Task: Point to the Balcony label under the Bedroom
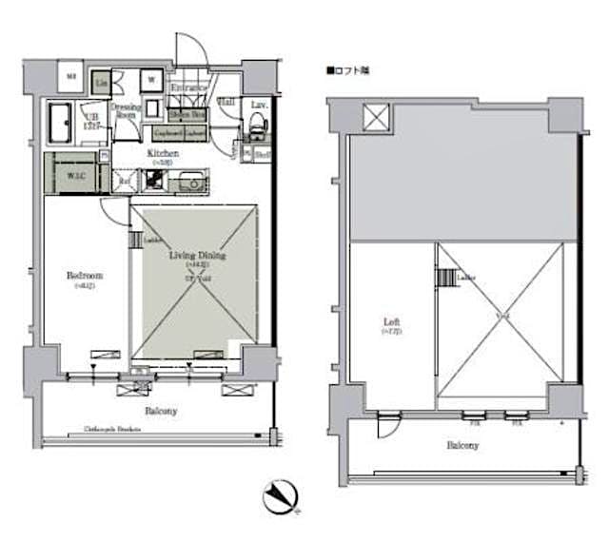[x=160, y=411]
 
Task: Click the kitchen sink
[x=190, y=180]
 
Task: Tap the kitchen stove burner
[x=153, y=180]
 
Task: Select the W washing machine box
[x=151, y=80]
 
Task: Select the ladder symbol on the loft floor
[x=445, y=278]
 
